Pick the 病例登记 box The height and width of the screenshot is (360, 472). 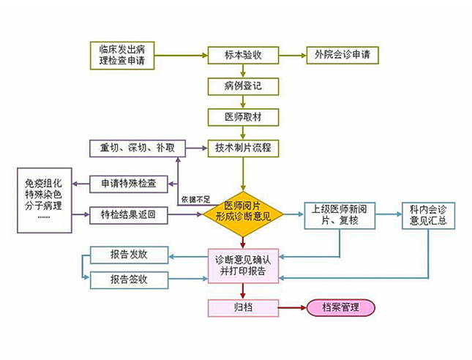243,86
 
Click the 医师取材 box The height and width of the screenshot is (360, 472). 243,117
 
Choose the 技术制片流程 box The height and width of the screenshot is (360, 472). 243,148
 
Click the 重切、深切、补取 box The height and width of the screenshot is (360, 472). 138,148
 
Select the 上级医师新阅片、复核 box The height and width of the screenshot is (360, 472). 339,215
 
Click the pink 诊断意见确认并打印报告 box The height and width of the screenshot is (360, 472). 243,265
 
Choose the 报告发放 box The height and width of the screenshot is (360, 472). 129,255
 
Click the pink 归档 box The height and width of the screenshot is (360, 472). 243,307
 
